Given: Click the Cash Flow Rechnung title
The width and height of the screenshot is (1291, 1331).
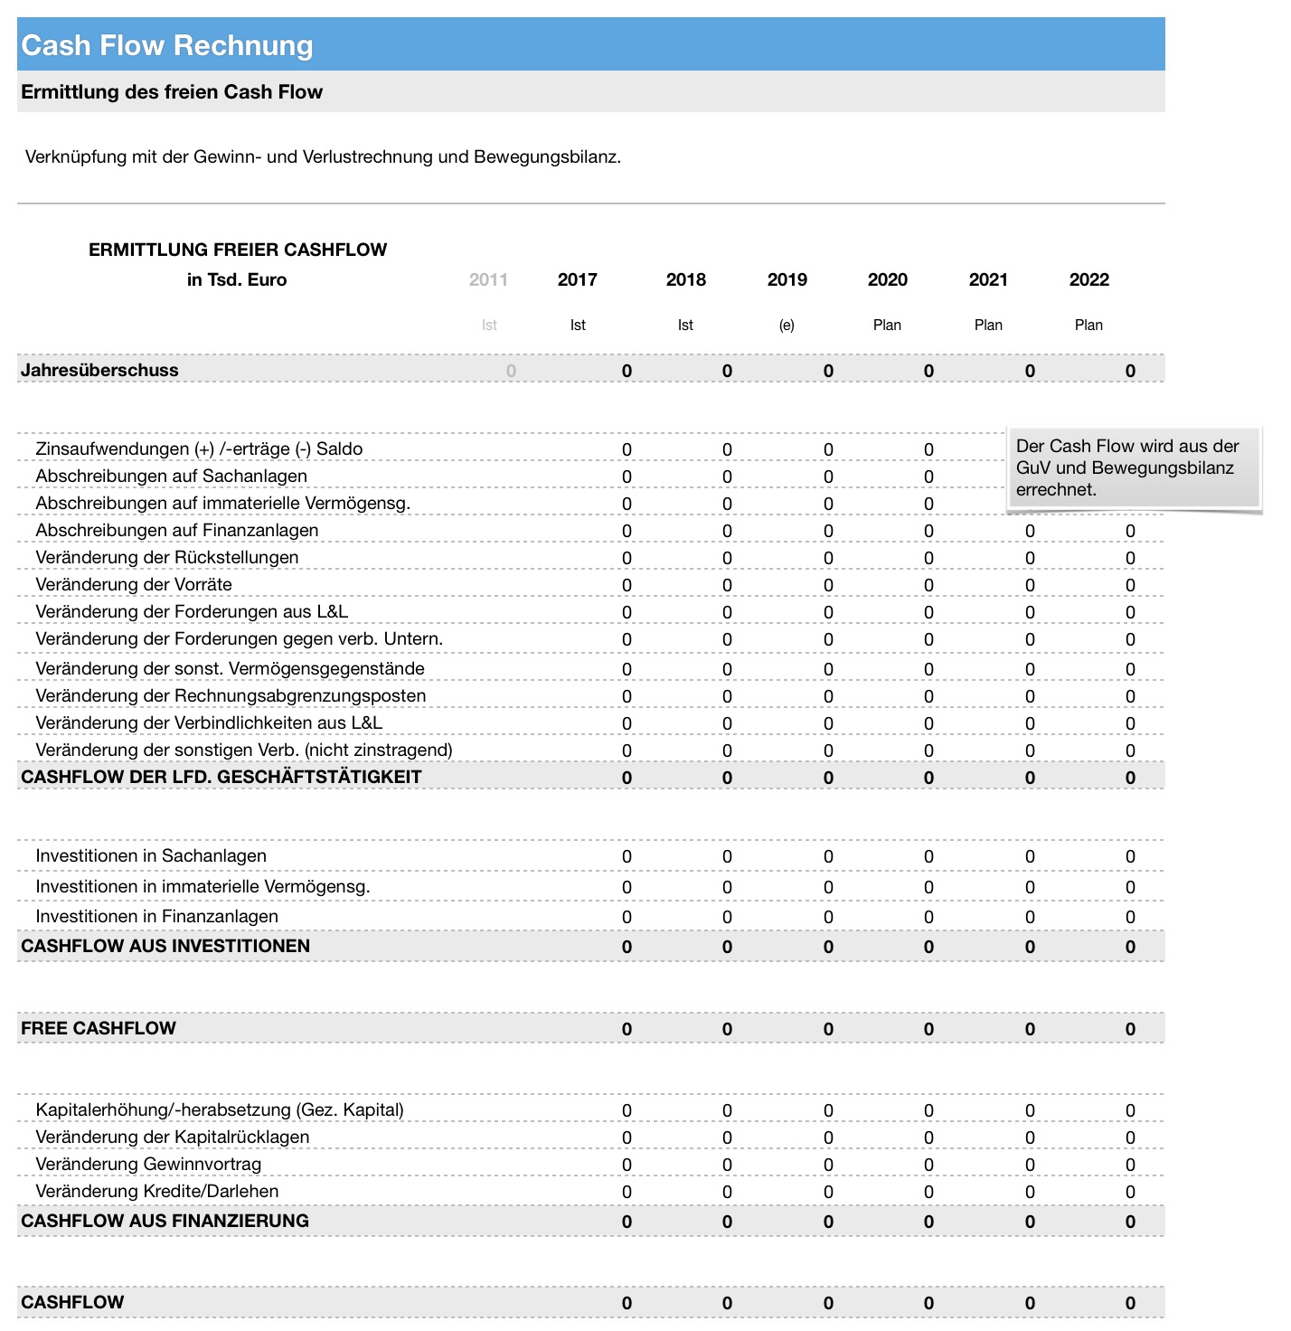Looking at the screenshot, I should pyautogui.click(x=167, y=45).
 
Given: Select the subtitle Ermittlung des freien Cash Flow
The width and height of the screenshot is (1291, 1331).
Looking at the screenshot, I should pyautogui.click(x=172, y=92).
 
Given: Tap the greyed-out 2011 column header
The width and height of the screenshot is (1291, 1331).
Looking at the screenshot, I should pyautogui.click(x=488, y=279).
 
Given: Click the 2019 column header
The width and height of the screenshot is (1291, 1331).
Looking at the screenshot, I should pyautogui.click(x=787, y=279).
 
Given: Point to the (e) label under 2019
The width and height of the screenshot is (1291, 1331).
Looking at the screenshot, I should pyautogui.click(x=787, y=326).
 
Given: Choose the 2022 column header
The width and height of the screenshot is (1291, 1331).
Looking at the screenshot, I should pyautogui.click(x=1088, y=279).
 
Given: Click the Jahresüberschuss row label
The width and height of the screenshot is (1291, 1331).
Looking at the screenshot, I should pyautogui.click(x=99, y=370).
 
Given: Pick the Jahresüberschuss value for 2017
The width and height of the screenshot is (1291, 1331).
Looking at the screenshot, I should pyautogui.click(x=627, y=371).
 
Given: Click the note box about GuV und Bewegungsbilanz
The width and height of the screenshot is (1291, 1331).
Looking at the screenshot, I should pyautogui.click(x=1134, y=468).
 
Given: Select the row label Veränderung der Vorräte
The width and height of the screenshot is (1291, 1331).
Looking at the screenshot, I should pyautogui.click(x=134, y=585).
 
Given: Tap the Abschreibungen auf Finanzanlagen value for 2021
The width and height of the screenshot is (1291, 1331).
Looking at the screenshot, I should pyautogui.click(x=1030, y=532).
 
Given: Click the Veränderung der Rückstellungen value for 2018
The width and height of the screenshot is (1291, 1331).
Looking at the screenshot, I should pyautogui.click(x=727, y=559).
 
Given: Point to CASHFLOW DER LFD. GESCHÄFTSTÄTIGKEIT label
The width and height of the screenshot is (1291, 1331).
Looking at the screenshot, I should pyautogui.click(x=221, y=777).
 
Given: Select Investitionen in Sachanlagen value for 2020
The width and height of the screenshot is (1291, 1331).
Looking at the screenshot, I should pyautogui.click(x=928, y=857).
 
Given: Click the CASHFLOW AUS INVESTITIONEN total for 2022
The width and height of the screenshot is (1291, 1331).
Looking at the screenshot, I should pyautogui.click(x=1130, y=948).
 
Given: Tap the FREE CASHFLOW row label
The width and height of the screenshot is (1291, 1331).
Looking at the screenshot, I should pyautogui.click(x=99, y=1028).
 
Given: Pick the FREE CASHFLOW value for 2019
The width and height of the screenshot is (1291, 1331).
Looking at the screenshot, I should pyautogui.click(x=828, y=1030).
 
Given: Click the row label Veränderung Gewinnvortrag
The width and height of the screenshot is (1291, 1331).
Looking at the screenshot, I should pyautogui.click(x=148, y=1165).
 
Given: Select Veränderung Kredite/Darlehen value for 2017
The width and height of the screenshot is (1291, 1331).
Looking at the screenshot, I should pyautogui.click(x=627, y=1193).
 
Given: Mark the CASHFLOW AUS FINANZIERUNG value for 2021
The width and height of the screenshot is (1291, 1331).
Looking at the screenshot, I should pyautogui.click(x=1030, y=1222).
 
